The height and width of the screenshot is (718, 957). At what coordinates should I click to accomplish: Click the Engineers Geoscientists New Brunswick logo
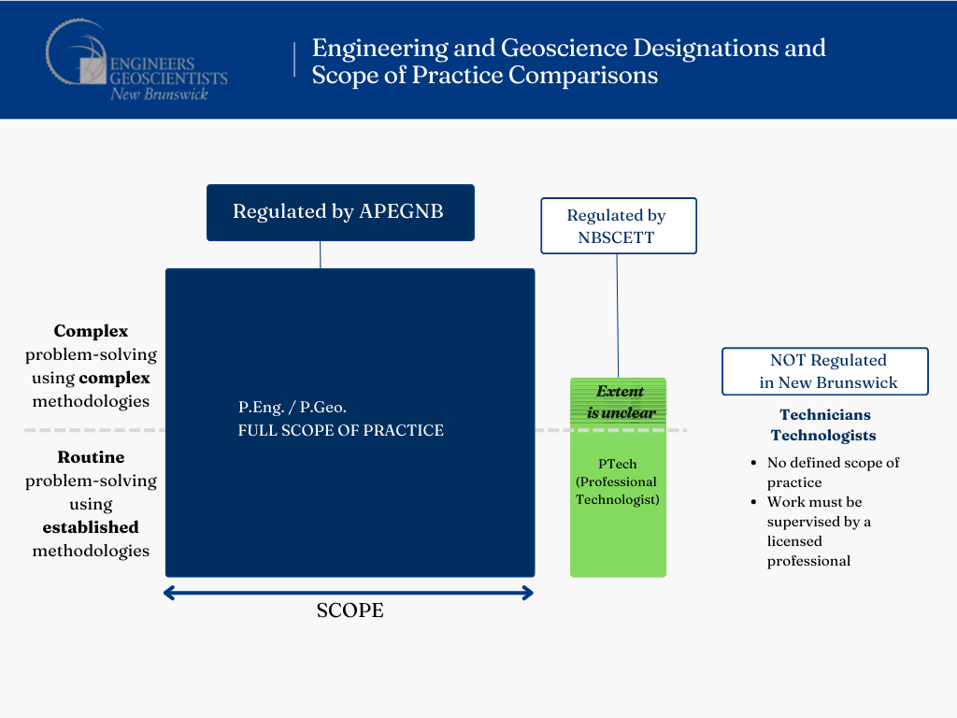[136, 61]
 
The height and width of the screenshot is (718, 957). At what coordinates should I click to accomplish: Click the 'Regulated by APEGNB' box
[340, 212]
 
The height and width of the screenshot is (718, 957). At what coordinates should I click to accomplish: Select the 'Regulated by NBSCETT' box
[619, 226]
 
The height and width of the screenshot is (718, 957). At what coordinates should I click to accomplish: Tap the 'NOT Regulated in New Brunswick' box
[825, 371]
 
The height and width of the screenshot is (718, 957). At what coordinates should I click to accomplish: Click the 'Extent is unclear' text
[621, 402]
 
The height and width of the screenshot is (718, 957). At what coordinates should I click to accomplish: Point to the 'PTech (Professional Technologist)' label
[618, 481]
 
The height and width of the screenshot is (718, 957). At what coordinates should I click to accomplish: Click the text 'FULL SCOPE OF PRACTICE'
[340, 430]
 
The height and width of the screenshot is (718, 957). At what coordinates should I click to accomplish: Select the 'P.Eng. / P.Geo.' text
[293, 408]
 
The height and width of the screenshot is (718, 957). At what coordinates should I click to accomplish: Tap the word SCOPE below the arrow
[350, 610]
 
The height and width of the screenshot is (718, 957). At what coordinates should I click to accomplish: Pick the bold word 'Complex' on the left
[91, 331]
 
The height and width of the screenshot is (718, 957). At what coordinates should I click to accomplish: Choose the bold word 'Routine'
[91, 457]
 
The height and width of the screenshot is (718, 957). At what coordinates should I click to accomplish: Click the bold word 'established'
[91, 527]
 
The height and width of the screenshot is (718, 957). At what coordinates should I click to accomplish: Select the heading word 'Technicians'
[825, 414]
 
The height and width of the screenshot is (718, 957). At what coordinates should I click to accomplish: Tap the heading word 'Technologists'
[823, 436]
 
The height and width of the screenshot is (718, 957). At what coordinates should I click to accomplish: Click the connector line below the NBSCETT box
[618, 316]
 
